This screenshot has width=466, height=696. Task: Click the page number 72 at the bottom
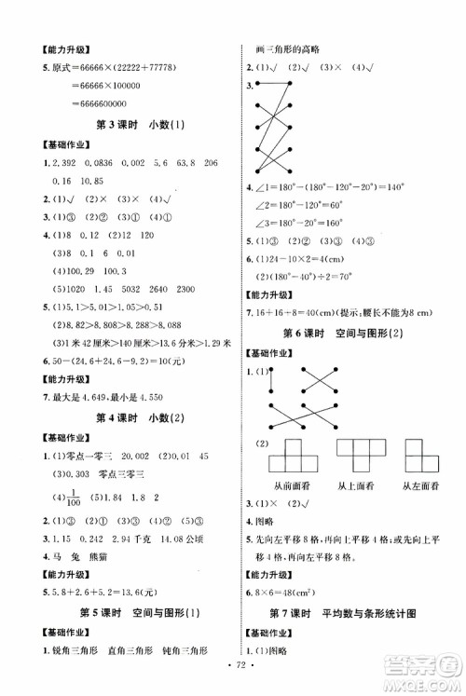coord(233,671)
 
